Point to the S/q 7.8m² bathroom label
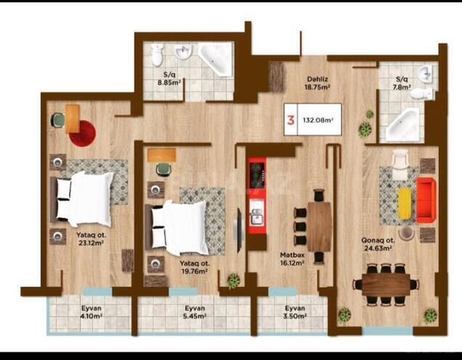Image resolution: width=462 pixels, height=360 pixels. tap(401, 83)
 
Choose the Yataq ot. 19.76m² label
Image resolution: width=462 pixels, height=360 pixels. tap(194, 267)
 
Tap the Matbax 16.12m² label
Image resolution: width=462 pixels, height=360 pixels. tap(292, 259)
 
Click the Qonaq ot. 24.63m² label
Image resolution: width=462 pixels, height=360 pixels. tap(378, 243)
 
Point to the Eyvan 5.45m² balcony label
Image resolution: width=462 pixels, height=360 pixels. tap(194, 311)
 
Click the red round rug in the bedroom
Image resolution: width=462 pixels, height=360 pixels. tap(83, 132)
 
